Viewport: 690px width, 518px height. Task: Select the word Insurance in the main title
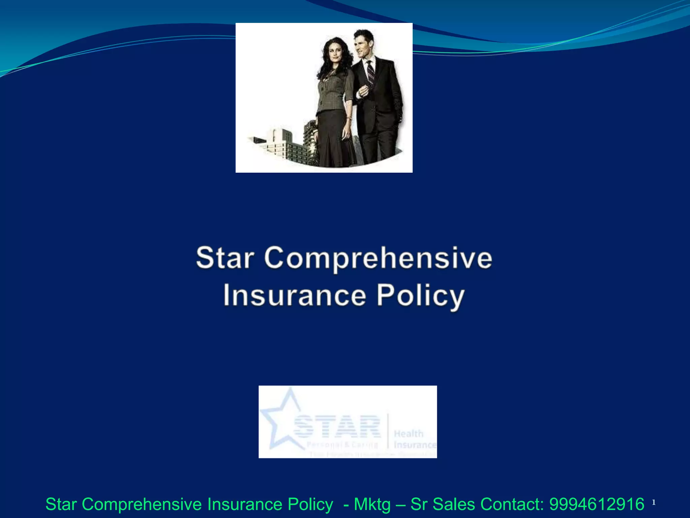pyautogui.click(x=294, y=295)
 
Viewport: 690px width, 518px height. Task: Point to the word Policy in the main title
pyautogui.click(x=420, y=296)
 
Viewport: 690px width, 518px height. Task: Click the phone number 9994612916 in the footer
pyautogui.click(x=597, y=505)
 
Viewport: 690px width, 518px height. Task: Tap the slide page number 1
pyautogui.click(x=654, y=502)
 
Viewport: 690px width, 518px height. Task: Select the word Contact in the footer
pyautogui.click(x=512, y=505)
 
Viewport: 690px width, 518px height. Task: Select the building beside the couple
pyautogui.click(x=286, y=145)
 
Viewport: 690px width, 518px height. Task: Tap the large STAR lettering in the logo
pyautogui.click(x=337, y=427)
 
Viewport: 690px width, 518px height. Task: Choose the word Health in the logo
pyautogui.click(x=408, y=434)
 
